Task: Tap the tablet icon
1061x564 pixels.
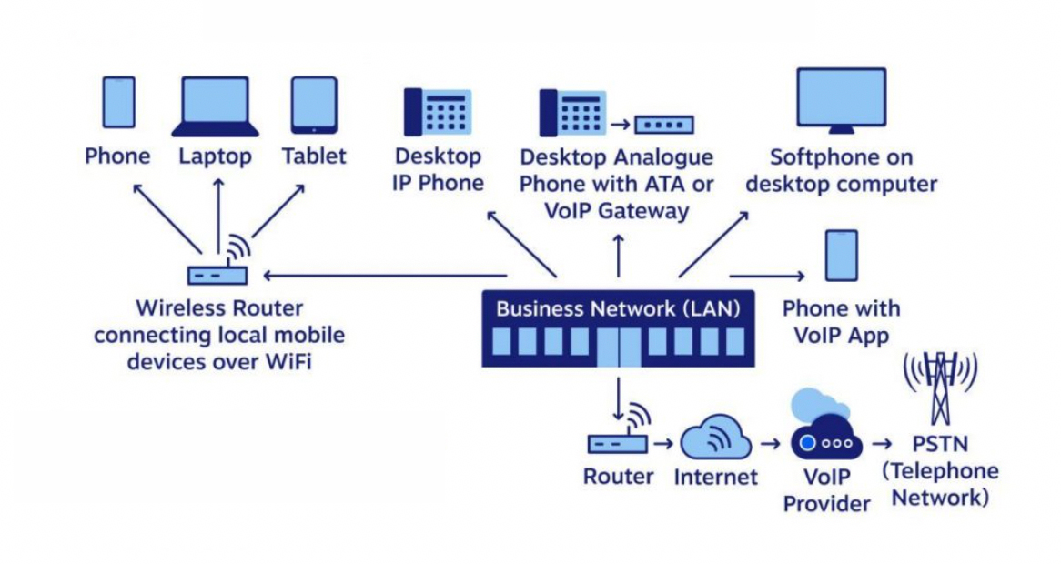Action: (x=314, y=104)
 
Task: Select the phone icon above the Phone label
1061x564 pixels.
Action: (x=118, y=102)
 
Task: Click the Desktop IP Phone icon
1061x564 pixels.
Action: (x=438, y=112)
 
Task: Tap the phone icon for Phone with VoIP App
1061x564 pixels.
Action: (x=841, y=256)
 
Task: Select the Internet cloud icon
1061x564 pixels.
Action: (x=715, y=438)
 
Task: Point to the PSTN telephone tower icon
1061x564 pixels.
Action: (x=940, y=391)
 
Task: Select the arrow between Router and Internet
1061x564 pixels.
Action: (x=664, y=444)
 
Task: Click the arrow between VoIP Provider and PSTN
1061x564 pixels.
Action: (x=882, y=444)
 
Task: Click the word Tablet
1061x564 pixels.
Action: (x=314, y=156)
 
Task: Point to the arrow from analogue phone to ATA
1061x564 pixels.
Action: (x=621, y=124)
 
